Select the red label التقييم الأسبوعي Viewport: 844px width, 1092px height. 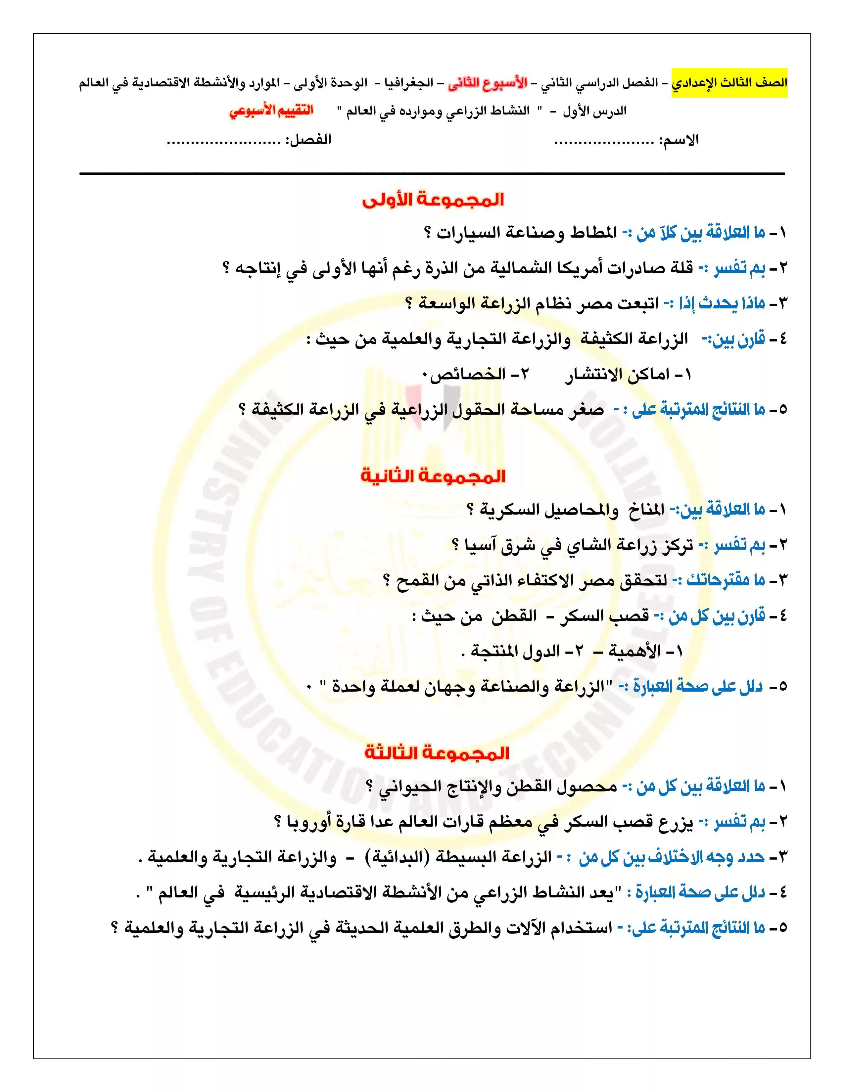click(271, 111)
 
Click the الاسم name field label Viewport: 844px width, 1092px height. click(679, 140)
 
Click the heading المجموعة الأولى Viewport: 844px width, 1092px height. click(433, 200)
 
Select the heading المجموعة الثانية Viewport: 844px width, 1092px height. click(433, 476)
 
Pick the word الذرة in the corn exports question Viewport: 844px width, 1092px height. click(442, 268)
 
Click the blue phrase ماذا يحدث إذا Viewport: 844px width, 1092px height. click(722, 303)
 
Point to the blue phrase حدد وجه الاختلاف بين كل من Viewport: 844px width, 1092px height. click(672, 857)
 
